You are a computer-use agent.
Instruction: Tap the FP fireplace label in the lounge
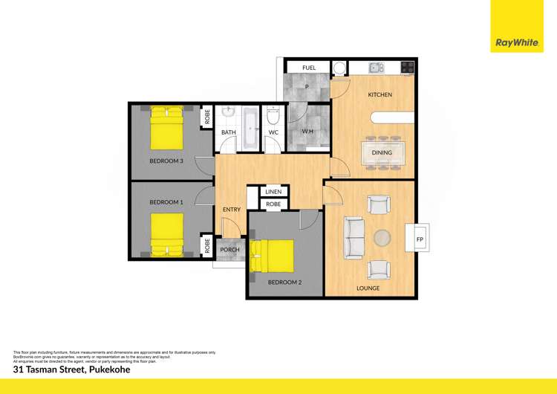click(420, 239)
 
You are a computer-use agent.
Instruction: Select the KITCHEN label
click(380, 95)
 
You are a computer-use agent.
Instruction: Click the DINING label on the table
click(382, 153)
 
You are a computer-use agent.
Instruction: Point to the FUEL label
click(309, 68)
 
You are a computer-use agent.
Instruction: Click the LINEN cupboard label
click(273, 192)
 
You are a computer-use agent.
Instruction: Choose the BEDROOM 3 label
click(166, 161)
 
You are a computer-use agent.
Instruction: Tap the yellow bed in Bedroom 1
click(166, 233)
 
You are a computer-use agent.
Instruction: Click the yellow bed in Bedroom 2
click(273, 256)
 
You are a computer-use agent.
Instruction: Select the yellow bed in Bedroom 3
click(168, 127)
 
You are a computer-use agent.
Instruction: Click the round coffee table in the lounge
click(382, 238)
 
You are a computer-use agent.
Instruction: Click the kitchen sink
click(375, 68)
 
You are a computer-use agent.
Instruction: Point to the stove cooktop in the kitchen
click(407, 68)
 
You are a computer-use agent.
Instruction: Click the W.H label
click(307, 132)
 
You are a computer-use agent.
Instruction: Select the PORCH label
click(229, 250)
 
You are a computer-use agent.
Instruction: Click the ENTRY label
click(231, 210)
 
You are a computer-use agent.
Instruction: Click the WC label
click(273, 133)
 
